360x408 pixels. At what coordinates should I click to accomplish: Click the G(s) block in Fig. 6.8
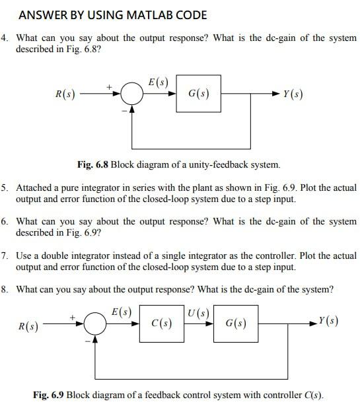click(199, 94)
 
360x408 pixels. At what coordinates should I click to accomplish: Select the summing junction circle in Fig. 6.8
click(133, 95)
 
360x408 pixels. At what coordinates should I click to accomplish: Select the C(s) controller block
click(162, 323)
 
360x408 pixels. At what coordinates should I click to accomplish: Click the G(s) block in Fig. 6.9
click(236, 323)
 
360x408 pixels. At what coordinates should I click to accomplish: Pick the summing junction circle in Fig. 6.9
click(96, 323)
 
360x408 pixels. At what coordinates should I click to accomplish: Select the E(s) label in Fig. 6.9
click(122, 312)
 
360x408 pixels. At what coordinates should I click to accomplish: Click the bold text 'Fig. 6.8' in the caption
click(93, 164)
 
